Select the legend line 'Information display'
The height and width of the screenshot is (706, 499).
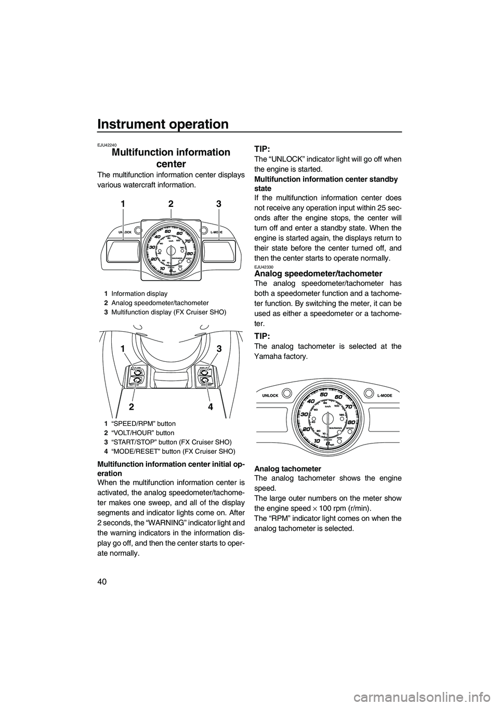(139, 293)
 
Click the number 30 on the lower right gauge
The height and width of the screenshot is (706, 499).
(305, 414)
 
